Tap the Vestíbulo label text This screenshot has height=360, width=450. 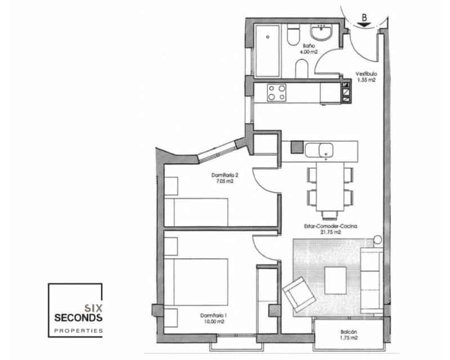tap(366, 76)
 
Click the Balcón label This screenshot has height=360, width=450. tap(349, 335)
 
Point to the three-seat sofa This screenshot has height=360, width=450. tap(372, 274)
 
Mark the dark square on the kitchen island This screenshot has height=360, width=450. tap(296, 148)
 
